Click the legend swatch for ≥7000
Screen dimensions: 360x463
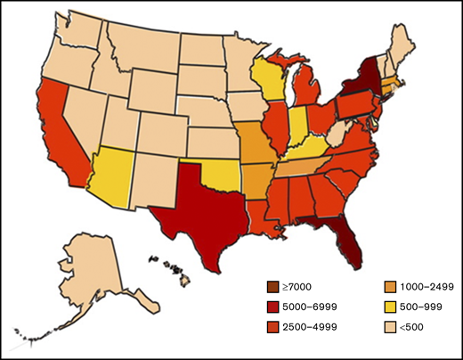264,285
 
